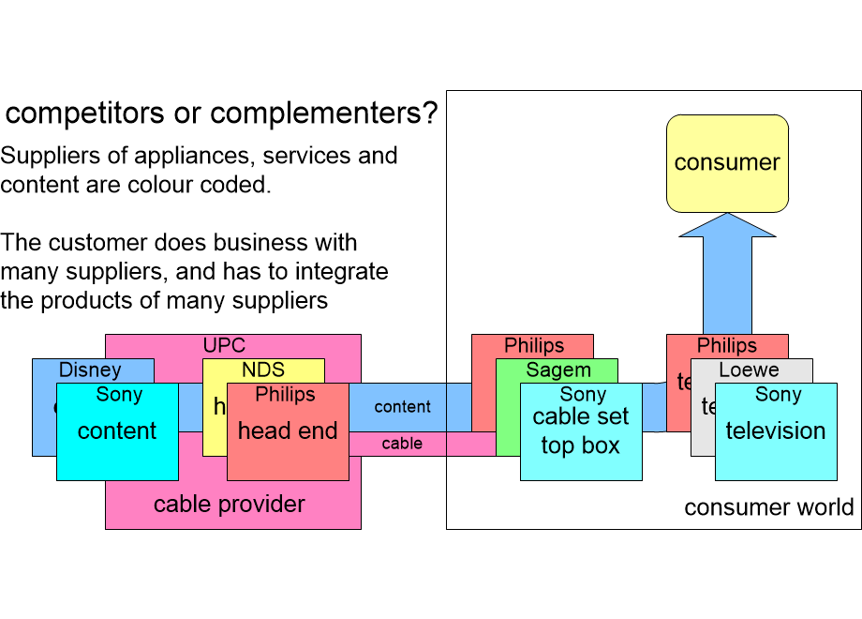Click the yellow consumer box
pyautogui.click(x=727, y=163)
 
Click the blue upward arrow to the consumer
pyautogui.click(x=727, y=281)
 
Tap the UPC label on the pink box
pyautogui.click(x=224, y=346)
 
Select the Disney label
pyautogui.click(x=90, y=370)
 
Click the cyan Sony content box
pyautogui.click(x=117, y=431)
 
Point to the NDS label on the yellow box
pyautogui.click(x=263, y=370)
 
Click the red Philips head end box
pyautogui.click(x=288, y=431)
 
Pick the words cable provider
pyautogui.click(x=230, y=505)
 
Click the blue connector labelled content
pyautogui.click(x=403, y=407)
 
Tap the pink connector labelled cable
pyautogui.click(x=402, y=444)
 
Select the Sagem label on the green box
pyautogui.click(x=558, y=370)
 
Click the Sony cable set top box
pyautogui.click(x=581, y=431)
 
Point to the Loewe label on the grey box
pyautogui.click(x=750, y=370)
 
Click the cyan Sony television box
pyautogui.click(x=776, y=431)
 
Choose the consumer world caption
pyautogui.click(x=768, y=507)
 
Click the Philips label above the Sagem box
pyautogui.click(x=534, y=346)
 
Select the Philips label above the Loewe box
pyautogui.click(x=727, y=346)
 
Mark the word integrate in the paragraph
pyautogui.click(x=342, y=272)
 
